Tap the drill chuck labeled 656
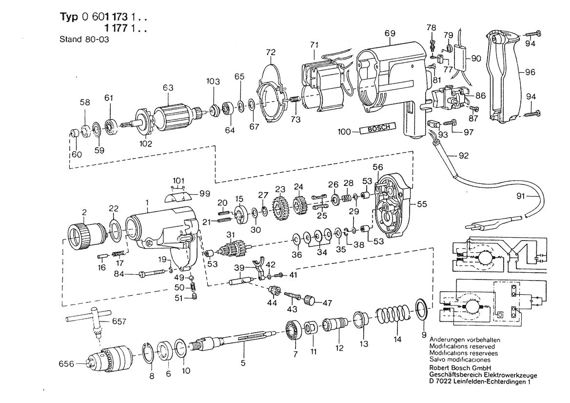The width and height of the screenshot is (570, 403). coord(112,361)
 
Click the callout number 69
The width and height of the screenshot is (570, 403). coord(389,33)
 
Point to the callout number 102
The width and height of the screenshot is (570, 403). coord(145,144)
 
